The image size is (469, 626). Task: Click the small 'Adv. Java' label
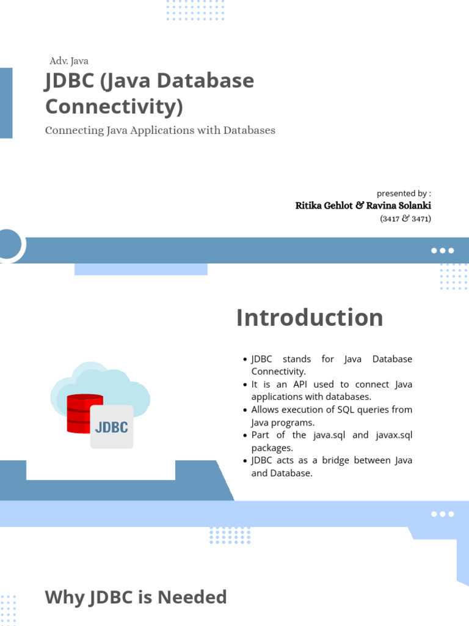coord(69,61)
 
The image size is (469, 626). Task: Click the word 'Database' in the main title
coord(205,81)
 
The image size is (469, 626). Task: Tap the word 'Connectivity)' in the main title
coord(114,106)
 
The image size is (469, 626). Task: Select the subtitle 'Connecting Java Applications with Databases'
coord(160,131)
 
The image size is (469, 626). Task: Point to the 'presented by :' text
coord(404,194)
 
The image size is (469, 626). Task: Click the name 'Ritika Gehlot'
coord(324,205)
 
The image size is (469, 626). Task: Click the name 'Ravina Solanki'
coord(398,205)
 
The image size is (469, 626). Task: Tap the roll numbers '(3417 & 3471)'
coord(405,219)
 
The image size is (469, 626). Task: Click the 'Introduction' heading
coord(310,318)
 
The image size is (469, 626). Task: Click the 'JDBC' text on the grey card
coord(112,427)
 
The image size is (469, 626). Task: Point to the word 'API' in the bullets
coord(300,385)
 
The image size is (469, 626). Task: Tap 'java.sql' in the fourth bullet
coord(329,435)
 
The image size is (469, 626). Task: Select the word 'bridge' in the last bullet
coord(335,460)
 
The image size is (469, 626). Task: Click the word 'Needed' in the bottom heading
coord(192,598)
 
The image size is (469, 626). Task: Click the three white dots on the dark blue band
coord(442,251)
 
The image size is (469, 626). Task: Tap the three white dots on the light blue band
coord(442,514)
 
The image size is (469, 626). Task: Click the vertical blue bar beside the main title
coord(6,103)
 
